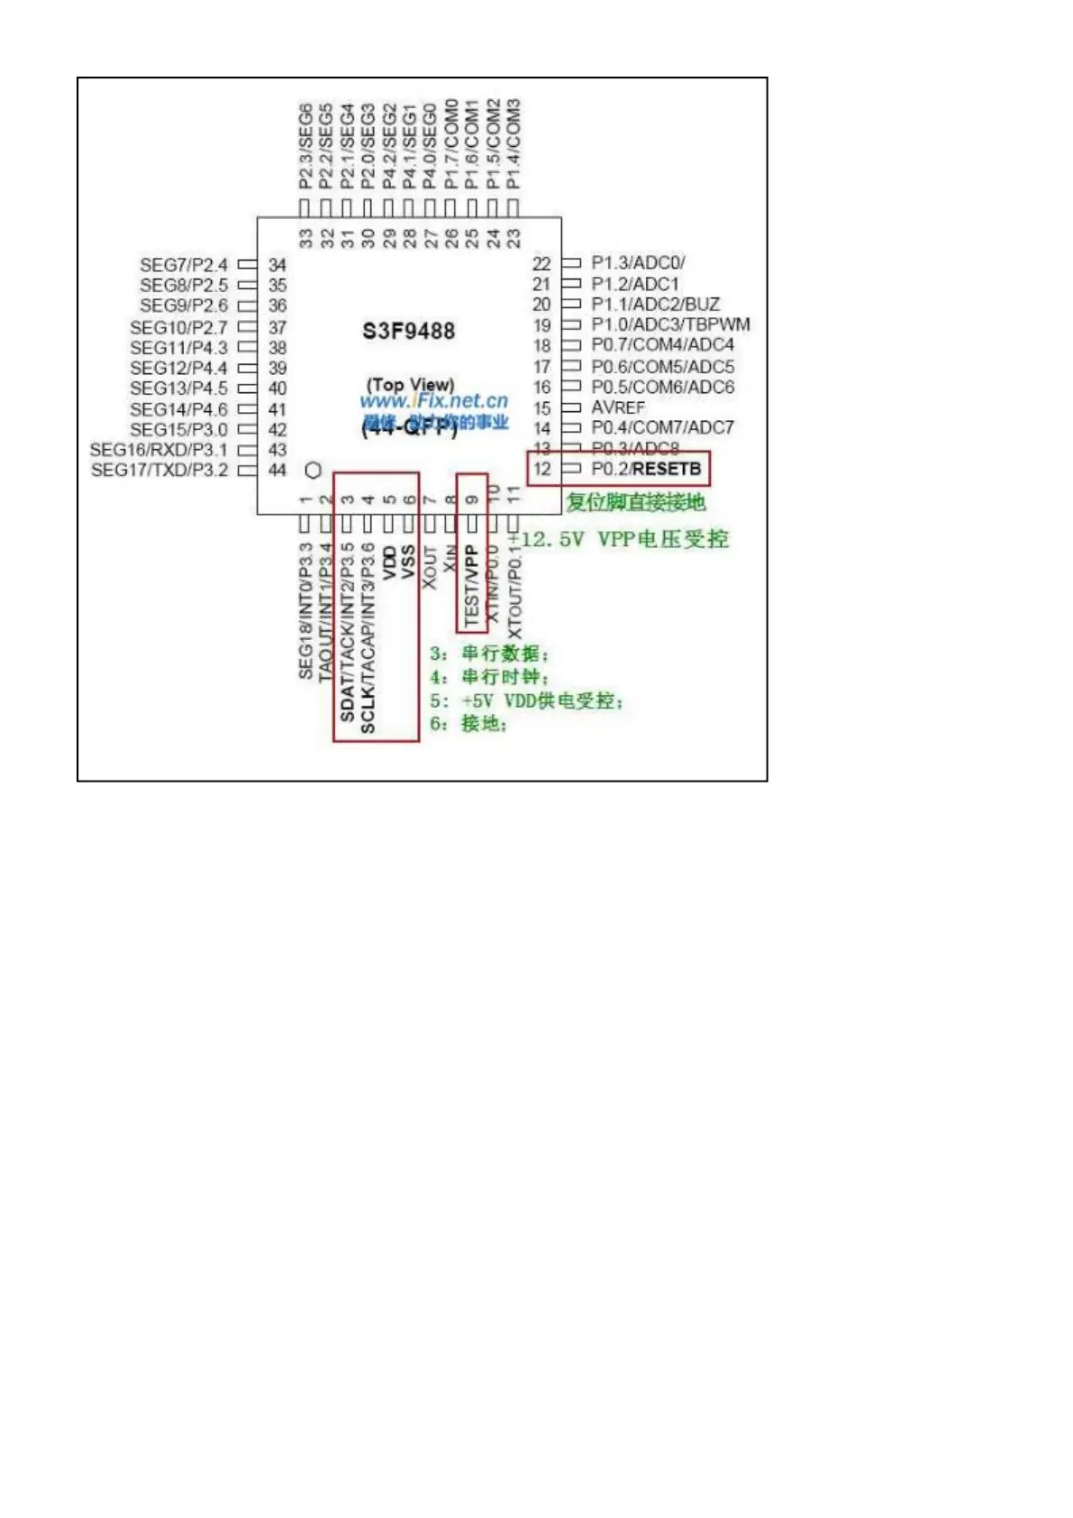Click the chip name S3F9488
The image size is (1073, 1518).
click(408, 331)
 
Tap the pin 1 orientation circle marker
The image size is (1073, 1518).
click(314, 471)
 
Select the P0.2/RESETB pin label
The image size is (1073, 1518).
click(645, 469)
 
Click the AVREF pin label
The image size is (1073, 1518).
click(618, 407)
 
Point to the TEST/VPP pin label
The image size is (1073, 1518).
click(471, 586)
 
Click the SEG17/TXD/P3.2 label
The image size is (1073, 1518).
click(159, 470)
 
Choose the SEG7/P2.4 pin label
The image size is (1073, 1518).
click(184, 264)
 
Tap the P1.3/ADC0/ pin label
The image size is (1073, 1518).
click(638, 262)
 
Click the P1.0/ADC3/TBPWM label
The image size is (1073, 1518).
click(670, 325)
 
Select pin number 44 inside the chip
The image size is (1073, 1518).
click(277, 470)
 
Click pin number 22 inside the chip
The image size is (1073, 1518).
click(541, 263)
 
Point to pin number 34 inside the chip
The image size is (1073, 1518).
click(277, 265)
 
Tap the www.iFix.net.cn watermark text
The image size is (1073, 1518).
click(433, 401)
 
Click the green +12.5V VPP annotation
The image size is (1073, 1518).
click(618, 539)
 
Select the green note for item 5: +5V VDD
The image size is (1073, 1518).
click(526, 700)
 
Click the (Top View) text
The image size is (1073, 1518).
click(410, 384)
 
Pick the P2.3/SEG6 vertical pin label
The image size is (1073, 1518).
click(306, 146)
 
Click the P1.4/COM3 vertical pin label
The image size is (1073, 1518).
click(514, 144)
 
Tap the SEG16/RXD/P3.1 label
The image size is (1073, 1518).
click(159, 449)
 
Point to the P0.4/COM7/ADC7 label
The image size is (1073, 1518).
click(662, 427)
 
